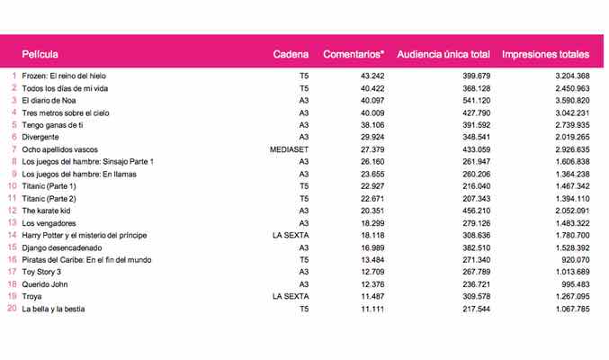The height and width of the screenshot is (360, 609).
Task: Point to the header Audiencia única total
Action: click(443, 55)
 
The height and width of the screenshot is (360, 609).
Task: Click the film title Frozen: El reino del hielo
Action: click(71, 76)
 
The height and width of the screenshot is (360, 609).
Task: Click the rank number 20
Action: click(12, 310)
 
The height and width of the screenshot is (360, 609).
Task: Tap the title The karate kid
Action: click(49, 211)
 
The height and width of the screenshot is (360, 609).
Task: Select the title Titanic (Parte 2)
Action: click(49, 198)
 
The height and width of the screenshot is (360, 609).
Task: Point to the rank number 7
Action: click(13, 148)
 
